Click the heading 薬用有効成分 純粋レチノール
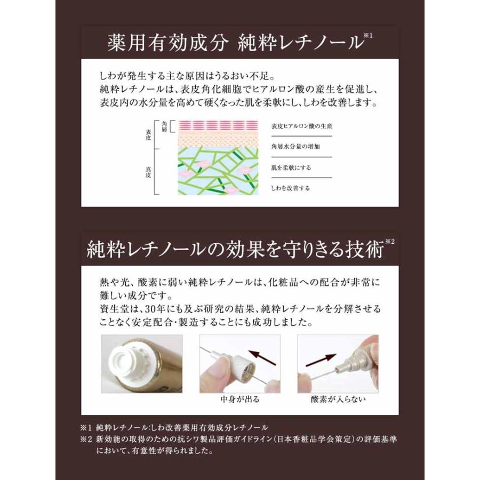click(236, 42)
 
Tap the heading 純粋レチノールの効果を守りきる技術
click(235, 249)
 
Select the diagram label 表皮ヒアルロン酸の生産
click(301, 126)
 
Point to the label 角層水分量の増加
click(295, 146)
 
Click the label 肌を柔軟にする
click(291, 167)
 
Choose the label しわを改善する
click(290, 188)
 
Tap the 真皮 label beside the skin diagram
click(148, 172)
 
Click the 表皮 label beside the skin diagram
click(148, 135)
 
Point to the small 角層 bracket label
click(164, 126)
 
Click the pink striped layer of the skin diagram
click(218, 125)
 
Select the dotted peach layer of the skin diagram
click(218, 139)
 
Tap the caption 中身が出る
click(239, 399)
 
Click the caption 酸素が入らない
click(338, 399)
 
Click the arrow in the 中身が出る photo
click(262, 357)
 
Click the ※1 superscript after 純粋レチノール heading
click(367, 36)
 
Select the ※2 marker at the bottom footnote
click(86, 439)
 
